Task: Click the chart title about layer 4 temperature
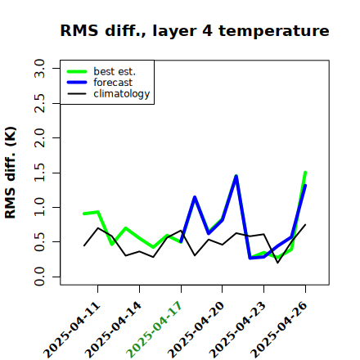pos(195,30)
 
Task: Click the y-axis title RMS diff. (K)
pos(11,173)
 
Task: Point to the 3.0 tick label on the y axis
pos(39,68)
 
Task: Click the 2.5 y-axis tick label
pos(39,103)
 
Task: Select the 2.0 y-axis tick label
pos(39,137)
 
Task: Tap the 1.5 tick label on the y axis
pos(39,173)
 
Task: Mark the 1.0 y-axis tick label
pos(39,207)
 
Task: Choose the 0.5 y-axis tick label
pos(39,242)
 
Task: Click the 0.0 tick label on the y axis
pos(39,277)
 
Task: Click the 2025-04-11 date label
pos(72,330)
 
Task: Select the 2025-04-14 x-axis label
pos(114,330)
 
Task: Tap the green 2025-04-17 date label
pos(155,330)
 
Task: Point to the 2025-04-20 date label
pos(196,330)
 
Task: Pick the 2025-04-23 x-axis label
pos(237,330)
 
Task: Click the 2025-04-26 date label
pos(279,330)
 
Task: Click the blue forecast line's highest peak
pos(236,177)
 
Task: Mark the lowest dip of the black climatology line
pos(277,263)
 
